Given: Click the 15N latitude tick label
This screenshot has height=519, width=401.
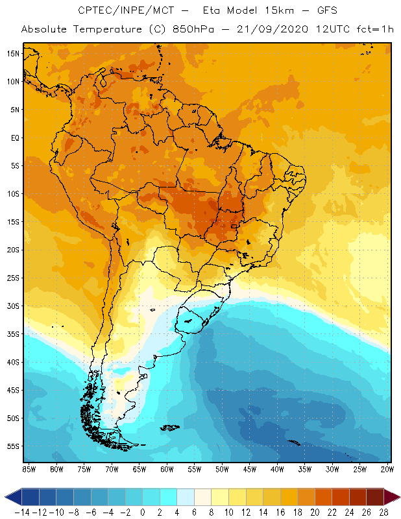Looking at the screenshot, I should [12, 53].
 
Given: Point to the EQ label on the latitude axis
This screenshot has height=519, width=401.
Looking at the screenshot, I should [14, 138].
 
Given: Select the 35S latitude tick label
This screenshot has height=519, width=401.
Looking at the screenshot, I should [12, 333].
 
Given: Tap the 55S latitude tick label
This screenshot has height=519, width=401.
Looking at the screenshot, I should [12, 446].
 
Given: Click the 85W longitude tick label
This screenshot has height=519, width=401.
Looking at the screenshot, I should [29, 468].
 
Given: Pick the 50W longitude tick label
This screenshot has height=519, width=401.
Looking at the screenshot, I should [223, 468].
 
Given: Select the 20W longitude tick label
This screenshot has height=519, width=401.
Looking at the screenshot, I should [387, 468].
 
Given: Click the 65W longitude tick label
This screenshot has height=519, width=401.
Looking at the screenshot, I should [139, 468].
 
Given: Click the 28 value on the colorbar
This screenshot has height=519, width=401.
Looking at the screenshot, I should [383, 512].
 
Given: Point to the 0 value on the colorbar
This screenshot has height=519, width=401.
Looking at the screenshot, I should [143, 512].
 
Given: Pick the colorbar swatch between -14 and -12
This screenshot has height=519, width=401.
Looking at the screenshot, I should [30, 497].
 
